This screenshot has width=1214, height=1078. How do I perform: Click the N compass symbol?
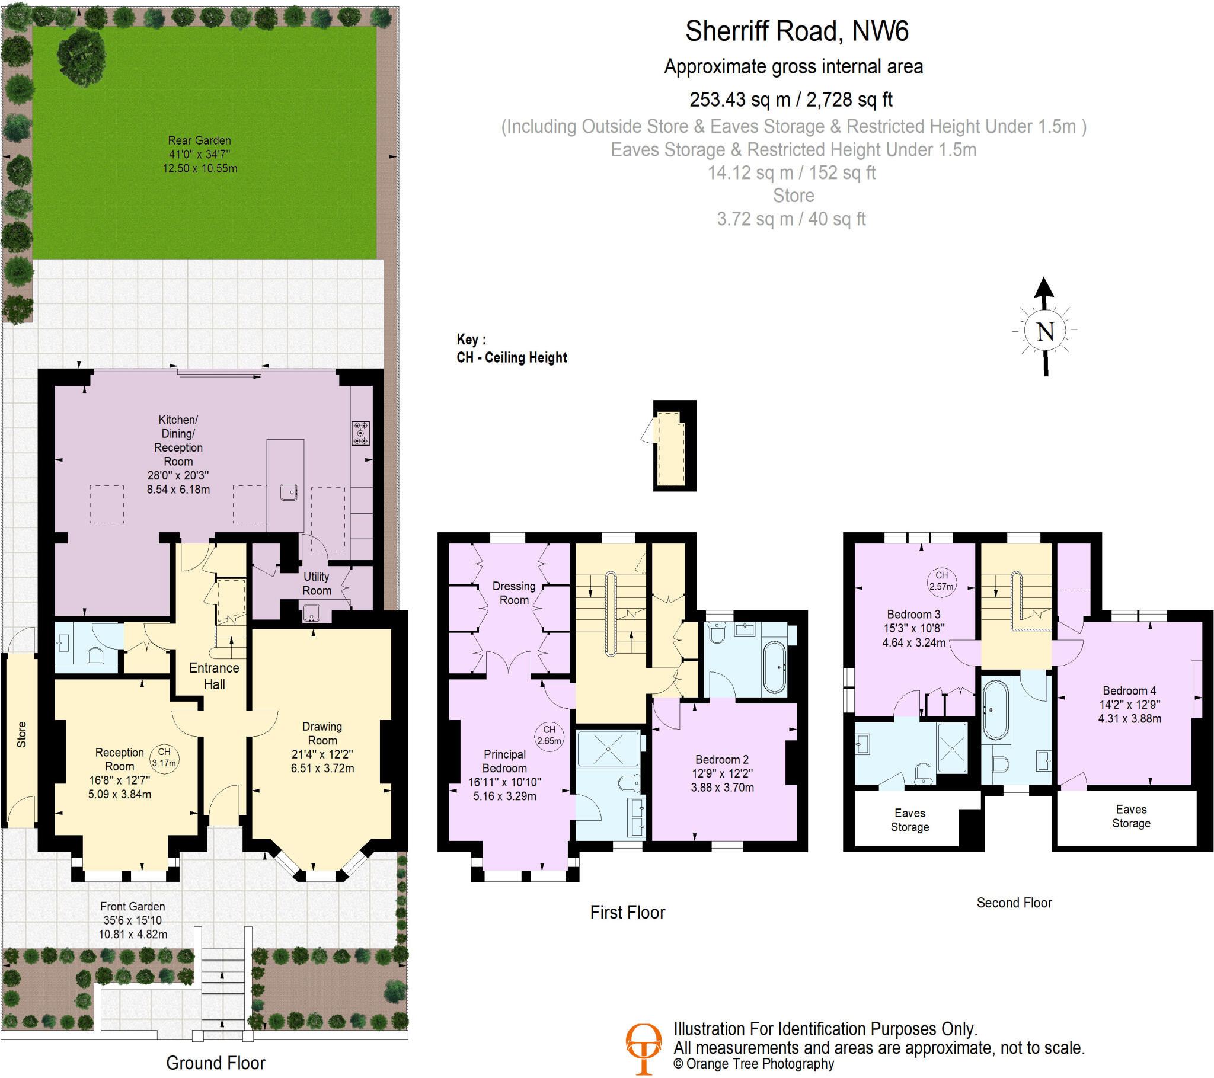(x=1044, y=330)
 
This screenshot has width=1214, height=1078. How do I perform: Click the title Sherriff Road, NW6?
(x=797, y=31)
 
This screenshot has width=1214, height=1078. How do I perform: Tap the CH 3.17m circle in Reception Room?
(x=164, y=757)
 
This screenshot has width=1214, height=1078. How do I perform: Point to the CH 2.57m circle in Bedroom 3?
(x=941, y=581)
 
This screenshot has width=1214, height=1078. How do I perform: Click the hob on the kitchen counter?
(x=360, y=433)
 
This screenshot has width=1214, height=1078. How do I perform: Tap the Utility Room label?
(x=317, y=583)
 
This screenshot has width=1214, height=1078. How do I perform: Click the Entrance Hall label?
(x=214, y=676)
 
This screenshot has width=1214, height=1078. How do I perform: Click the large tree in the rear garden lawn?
(x=81, y=56)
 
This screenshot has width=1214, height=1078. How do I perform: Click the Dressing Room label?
(x=514, y=593)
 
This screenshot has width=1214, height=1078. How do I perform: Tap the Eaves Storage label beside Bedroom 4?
(x=1131, y=816)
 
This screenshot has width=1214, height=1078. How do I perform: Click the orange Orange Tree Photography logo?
(x=643, y=1048)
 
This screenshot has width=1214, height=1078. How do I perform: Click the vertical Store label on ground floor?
(x=21, y=735)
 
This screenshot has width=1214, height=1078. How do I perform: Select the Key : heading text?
(x=471, y=340)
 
